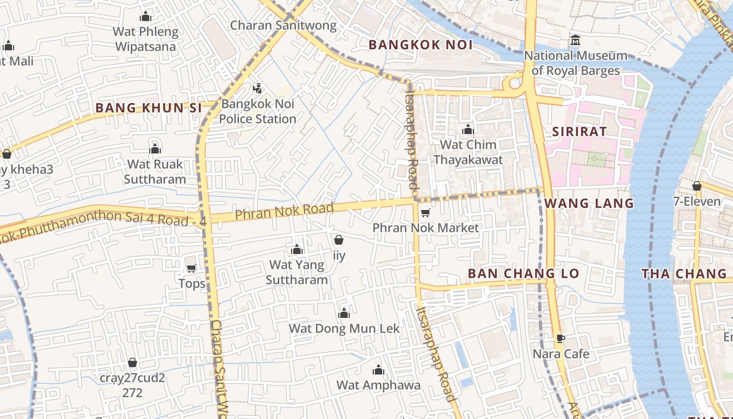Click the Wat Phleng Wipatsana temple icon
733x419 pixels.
[x=146, y=17]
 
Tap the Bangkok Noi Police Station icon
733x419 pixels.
[x=257, y=89]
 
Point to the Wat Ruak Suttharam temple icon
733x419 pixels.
[x=154, y=149]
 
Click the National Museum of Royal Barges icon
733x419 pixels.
[x=575, y=40]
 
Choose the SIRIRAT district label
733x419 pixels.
[x=579, y=131]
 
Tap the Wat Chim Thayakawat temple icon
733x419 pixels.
[x=468, y=129]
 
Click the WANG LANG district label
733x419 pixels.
[x=589, y=203]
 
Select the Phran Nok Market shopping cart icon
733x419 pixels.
[x=426, y=213]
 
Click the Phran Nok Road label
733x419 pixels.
[x=284, y=212]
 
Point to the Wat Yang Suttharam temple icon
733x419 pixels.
[x=297, y=249]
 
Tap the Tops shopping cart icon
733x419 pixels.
[x=192, y=269]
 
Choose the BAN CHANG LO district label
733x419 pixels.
[x=523, y=273]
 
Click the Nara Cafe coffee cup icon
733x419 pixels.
[x=560, y=339]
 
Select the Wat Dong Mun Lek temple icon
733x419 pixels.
[x=344, y=314]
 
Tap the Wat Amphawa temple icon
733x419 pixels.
[x=378, y=370]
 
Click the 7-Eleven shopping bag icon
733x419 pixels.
[x=696, y=186]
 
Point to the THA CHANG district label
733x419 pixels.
[x=684, y=273]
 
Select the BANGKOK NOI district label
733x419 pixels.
[x=420, y=45]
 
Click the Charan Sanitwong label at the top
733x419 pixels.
[x=283, y=25]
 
